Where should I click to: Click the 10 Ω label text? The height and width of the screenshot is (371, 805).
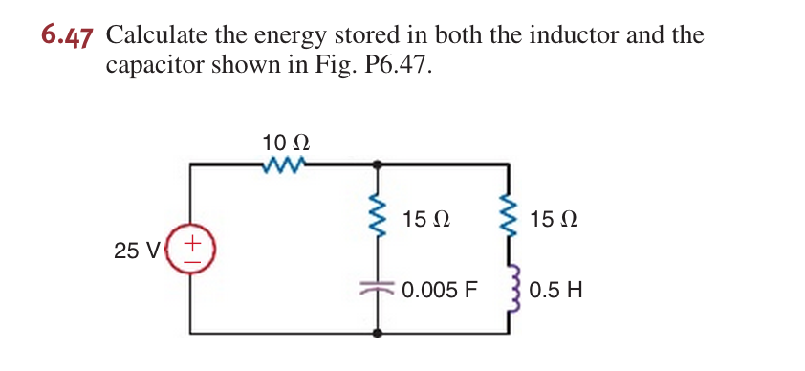tap(285, 142)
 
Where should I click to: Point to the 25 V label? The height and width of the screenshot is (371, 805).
tap(137, 251)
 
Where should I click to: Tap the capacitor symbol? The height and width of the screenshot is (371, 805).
tap(381, 286)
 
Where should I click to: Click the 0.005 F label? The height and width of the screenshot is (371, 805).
tap(438, 288)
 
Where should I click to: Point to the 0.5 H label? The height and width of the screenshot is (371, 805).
tap(555, 288)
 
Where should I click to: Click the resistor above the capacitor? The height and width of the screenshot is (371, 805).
tap(381, 219)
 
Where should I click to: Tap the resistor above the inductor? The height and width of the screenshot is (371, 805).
tap(507, 219)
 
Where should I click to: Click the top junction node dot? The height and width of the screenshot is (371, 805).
tap(381, 164)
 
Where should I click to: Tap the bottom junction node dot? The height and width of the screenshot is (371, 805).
tap(381, 333)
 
